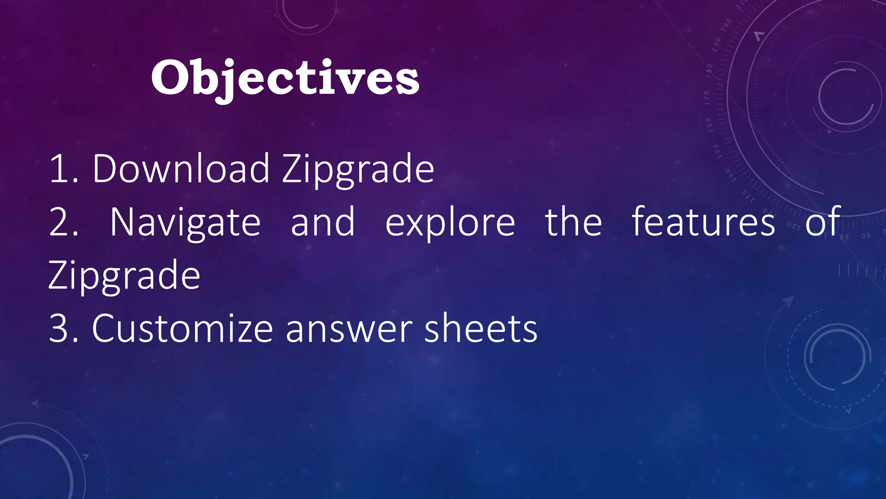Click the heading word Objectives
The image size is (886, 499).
pyautogui.click(x=285, y=78)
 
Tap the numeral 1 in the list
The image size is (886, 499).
pyautogui.click(x=58, y=169)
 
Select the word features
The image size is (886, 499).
pyautogui.click(x=703, y=222)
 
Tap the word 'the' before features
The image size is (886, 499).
pyautogui.click(x=573, y=222)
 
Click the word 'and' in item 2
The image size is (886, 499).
pyautogui.click(x=323, y=222)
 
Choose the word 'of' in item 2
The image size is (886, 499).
pyautogui.click(x=823, y=222)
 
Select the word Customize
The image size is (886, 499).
pyautogui.click(x=182, y=329)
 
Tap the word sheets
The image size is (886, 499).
pyautogui.click(x=481, y=329)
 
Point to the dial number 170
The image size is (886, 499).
pyautogui.click(x=707, y=98)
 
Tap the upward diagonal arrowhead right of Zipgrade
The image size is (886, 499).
pyautogui.click(x=789, y=300)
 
